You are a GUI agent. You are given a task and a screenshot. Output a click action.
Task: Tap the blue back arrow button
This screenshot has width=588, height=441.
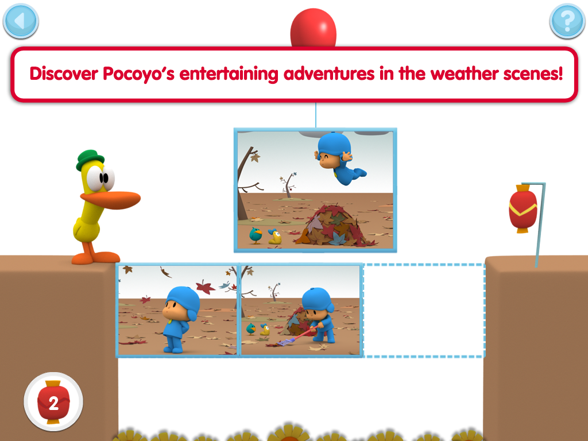click(x=21, y=21)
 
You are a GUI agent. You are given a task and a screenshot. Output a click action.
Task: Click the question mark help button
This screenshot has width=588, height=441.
click(x=567, y=21)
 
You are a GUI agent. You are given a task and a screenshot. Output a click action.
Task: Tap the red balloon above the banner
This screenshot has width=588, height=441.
click(x=314, y=28)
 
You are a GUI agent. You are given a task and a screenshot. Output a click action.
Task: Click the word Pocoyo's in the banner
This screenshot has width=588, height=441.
click(x=139, y=74)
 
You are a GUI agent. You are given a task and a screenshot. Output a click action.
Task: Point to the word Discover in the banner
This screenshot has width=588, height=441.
click(x=64, y=73)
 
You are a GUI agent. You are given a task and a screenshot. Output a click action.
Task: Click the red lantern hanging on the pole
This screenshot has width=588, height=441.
click(x=523, y=208)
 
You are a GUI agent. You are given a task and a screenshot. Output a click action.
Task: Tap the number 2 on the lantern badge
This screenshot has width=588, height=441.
click(x=53, y=403)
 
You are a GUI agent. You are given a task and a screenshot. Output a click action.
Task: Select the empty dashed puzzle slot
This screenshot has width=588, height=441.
click(x=424, y=311)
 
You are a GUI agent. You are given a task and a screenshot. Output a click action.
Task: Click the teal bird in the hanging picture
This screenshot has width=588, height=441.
click(x=256, y=235)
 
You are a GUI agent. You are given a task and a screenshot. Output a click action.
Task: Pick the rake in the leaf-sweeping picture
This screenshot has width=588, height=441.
click(x=296, y=336)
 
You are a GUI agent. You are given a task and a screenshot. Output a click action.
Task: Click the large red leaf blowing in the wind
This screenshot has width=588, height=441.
click(x=205, y=288)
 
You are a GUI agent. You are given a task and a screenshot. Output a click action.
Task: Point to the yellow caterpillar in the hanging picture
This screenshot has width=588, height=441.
click(x=275, y=237)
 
